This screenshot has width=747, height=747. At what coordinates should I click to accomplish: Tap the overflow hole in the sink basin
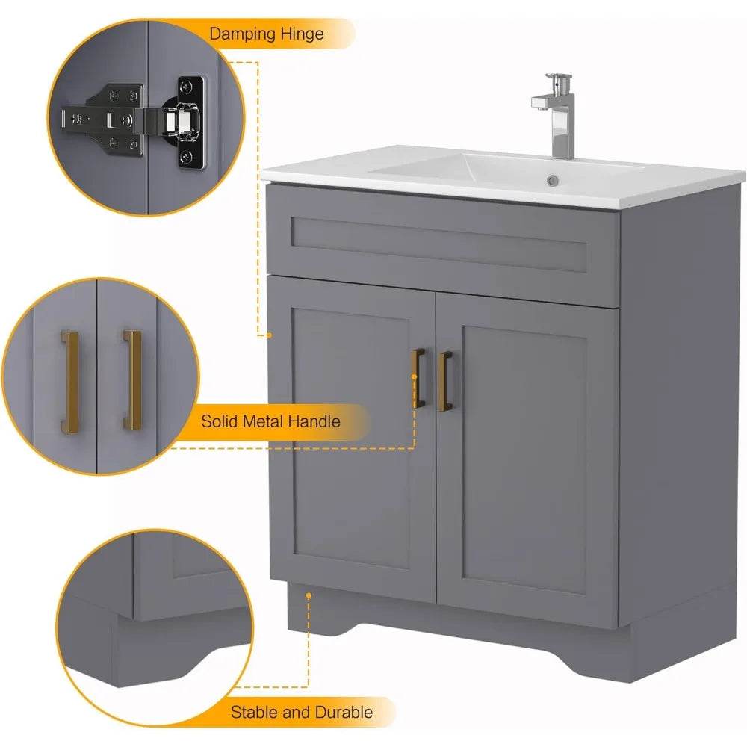553,180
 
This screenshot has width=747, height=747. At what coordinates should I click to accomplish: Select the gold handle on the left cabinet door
419,379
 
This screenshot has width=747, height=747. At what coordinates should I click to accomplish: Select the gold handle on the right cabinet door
445,381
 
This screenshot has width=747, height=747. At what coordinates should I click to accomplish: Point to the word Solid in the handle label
220,421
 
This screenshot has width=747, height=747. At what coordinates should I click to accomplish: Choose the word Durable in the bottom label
341,712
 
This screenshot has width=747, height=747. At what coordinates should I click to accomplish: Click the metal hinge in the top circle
134,120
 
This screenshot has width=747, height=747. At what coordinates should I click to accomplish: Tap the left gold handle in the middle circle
69,381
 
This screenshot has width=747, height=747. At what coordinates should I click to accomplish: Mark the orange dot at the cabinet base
308,595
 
